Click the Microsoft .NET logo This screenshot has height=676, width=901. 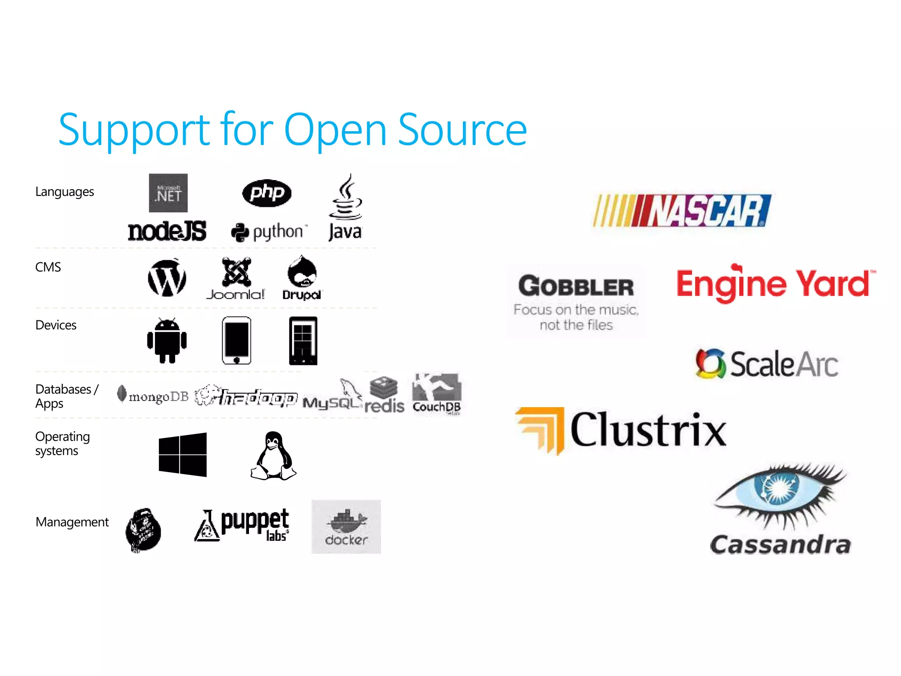[x=168, y=193]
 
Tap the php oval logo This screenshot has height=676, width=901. [x=267, y=193]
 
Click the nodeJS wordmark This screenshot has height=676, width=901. [x=167, y=231]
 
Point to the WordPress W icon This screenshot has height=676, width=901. [x=167, y=278]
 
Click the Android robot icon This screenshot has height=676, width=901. [x=167, y=341]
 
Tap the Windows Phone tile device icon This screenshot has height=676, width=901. [x=303, y=341]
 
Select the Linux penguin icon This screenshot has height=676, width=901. [x=273, y=456]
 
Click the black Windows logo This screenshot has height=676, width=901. [x=183, y=455]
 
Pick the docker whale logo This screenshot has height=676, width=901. [x=346, y=526]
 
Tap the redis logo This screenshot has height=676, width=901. [x=384, y=395]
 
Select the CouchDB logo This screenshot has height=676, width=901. [x=436, y=394]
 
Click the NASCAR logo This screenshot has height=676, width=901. [x=682, y=210]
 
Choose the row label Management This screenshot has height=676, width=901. [x=72, y=522]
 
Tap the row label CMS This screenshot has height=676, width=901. [x=48, y=267]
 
